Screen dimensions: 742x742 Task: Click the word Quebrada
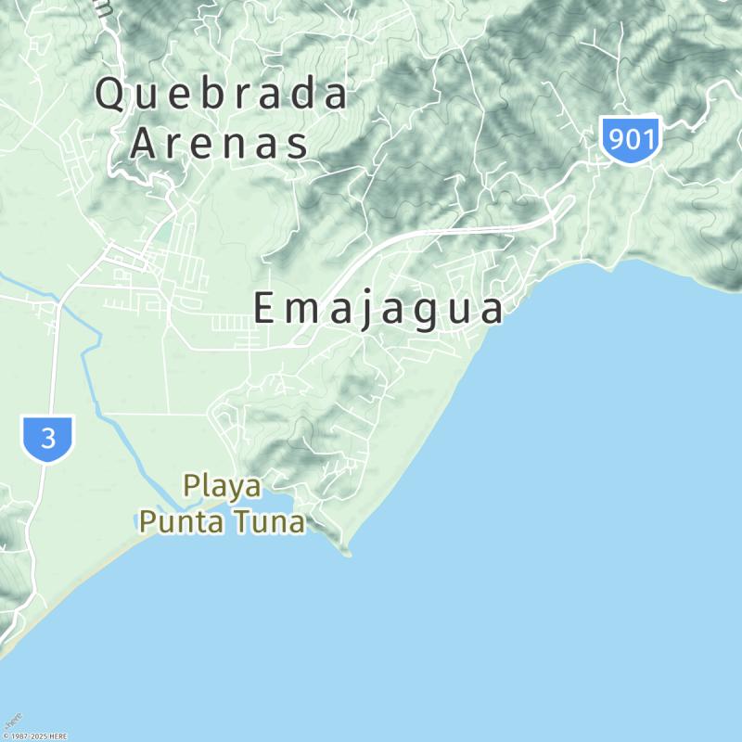tap(223, 95)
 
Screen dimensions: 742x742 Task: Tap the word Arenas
tap(219, 144)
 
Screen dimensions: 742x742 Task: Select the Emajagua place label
tap(378, 309)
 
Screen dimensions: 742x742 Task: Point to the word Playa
tap(222, 485)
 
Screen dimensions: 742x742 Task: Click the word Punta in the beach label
tap(180, 521)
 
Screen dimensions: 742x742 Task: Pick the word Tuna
tap(269, 521)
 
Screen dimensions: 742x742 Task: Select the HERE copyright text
tap(34, 736)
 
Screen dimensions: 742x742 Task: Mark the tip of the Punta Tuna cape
tap(349, 555)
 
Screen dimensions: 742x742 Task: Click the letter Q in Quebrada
tap(111, 96)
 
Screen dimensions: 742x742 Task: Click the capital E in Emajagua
tap(265, 309)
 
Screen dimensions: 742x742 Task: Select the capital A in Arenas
tap(146, 144)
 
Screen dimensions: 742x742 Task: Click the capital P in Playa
tap(193, 485)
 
